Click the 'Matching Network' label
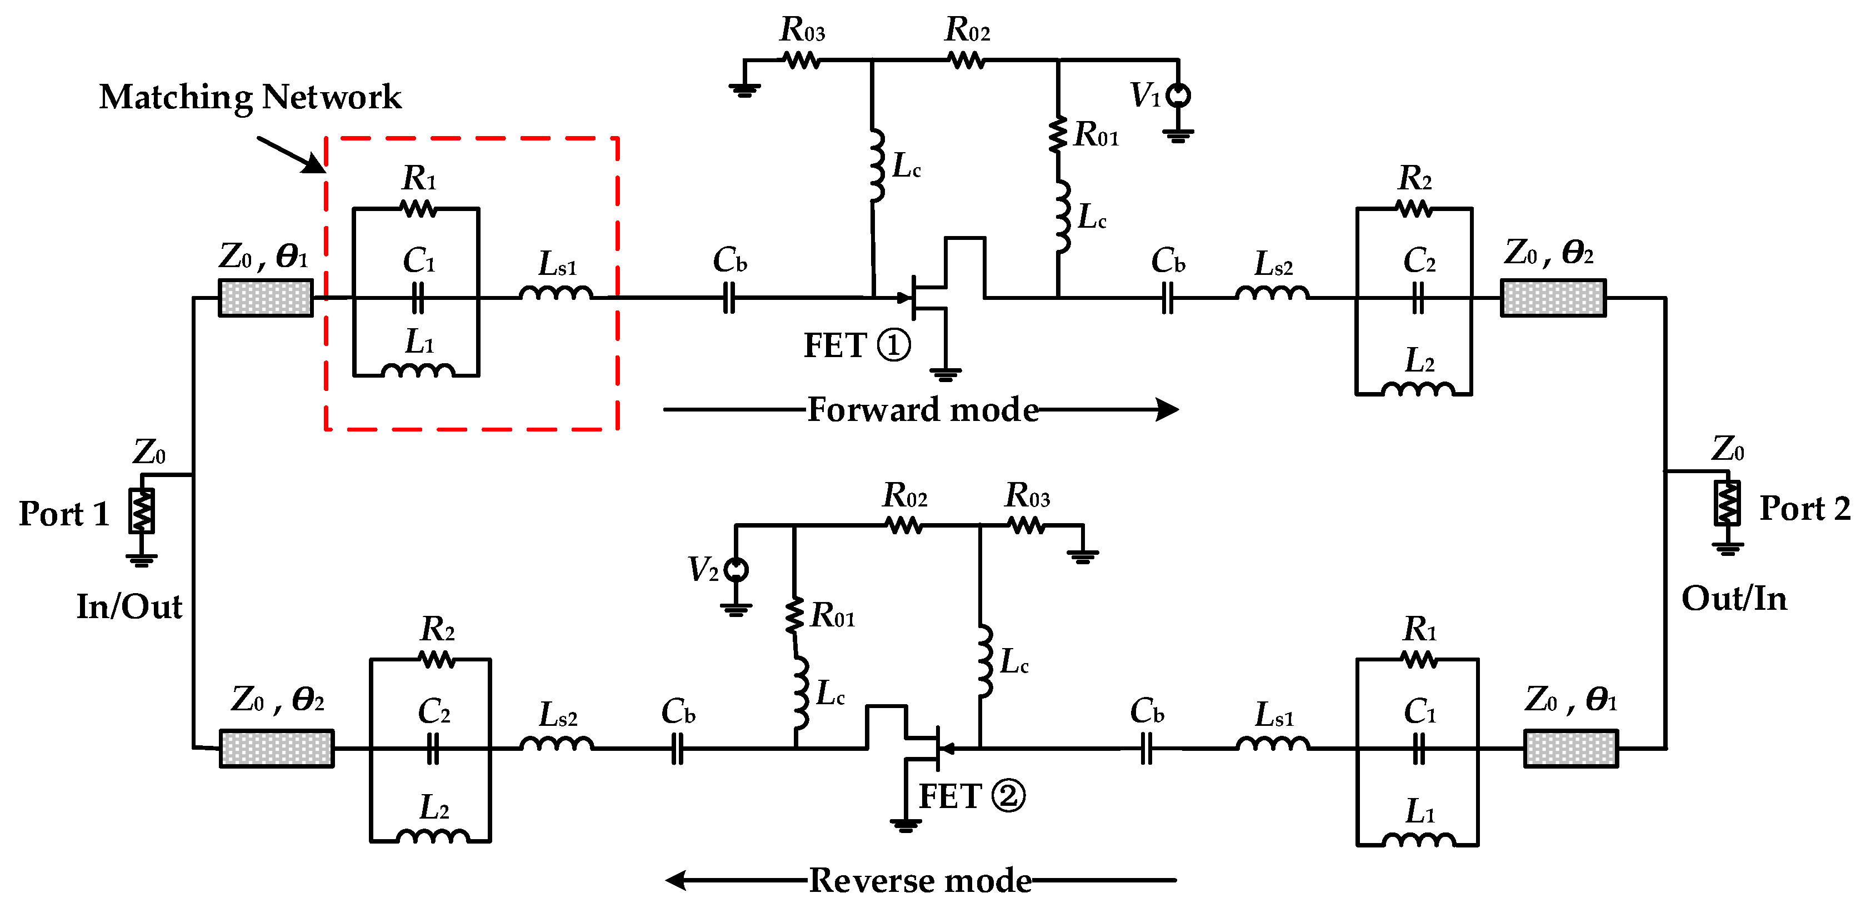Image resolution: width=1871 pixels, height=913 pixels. tap(250, 97)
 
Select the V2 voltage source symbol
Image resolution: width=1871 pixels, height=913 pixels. tap(736, 569)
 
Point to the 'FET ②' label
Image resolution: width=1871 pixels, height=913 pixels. tap(971, 796)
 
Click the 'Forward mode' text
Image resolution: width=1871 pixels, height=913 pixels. tap(922, 410)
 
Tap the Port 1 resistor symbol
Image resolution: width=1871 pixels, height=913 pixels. tap(142, 510)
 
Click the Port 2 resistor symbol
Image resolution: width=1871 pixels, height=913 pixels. tap(1727, 503)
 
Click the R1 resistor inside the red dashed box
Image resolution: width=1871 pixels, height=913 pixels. tap(419, 209)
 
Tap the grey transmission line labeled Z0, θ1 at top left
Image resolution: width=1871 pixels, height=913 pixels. tap(266, 298)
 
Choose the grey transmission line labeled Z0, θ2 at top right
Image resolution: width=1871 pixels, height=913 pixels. tap(1553, 298)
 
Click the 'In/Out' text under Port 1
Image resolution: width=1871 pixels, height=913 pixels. tap(129, 606)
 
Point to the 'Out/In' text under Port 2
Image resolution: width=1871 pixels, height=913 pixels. tap(1734, 599)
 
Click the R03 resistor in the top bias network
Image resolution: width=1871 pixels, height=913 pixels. tap(803, 61)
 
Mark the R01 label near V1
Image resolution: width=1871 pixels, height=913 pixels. tap(1097, 134)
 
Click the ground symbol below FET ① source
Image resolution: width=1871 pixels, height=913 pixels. tap(945, 375)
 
